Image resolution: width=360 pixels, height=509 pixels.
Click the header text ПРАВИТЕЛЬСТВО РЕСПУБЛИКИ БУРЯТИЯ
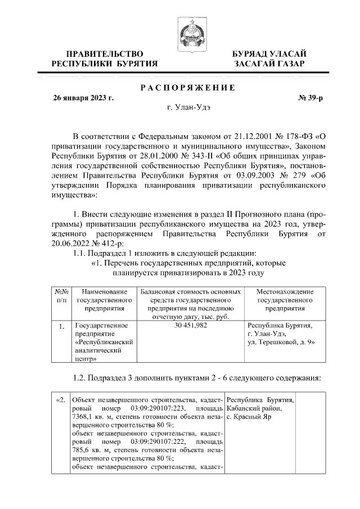coord(105,59)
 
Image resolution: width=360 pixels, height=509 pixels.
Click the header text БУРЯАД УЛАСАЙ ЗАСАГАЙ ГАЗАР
coord(269,59)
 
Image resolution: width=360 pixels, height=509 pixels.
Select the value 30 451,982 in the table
coord(191,326)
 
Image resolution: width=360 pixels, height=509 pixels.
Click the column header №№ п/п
coord(61,296)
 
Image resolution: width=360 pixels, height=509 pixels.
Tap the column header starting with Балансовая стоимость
coord(191,304)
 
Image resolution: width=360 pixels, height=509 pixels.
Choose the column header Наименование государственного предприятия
coord(105,300)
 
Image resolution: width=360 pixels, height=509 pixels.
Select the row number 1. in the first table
coord(61,326)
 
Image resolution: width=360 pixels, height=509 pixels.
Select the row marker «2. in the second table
coord(61,399)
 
